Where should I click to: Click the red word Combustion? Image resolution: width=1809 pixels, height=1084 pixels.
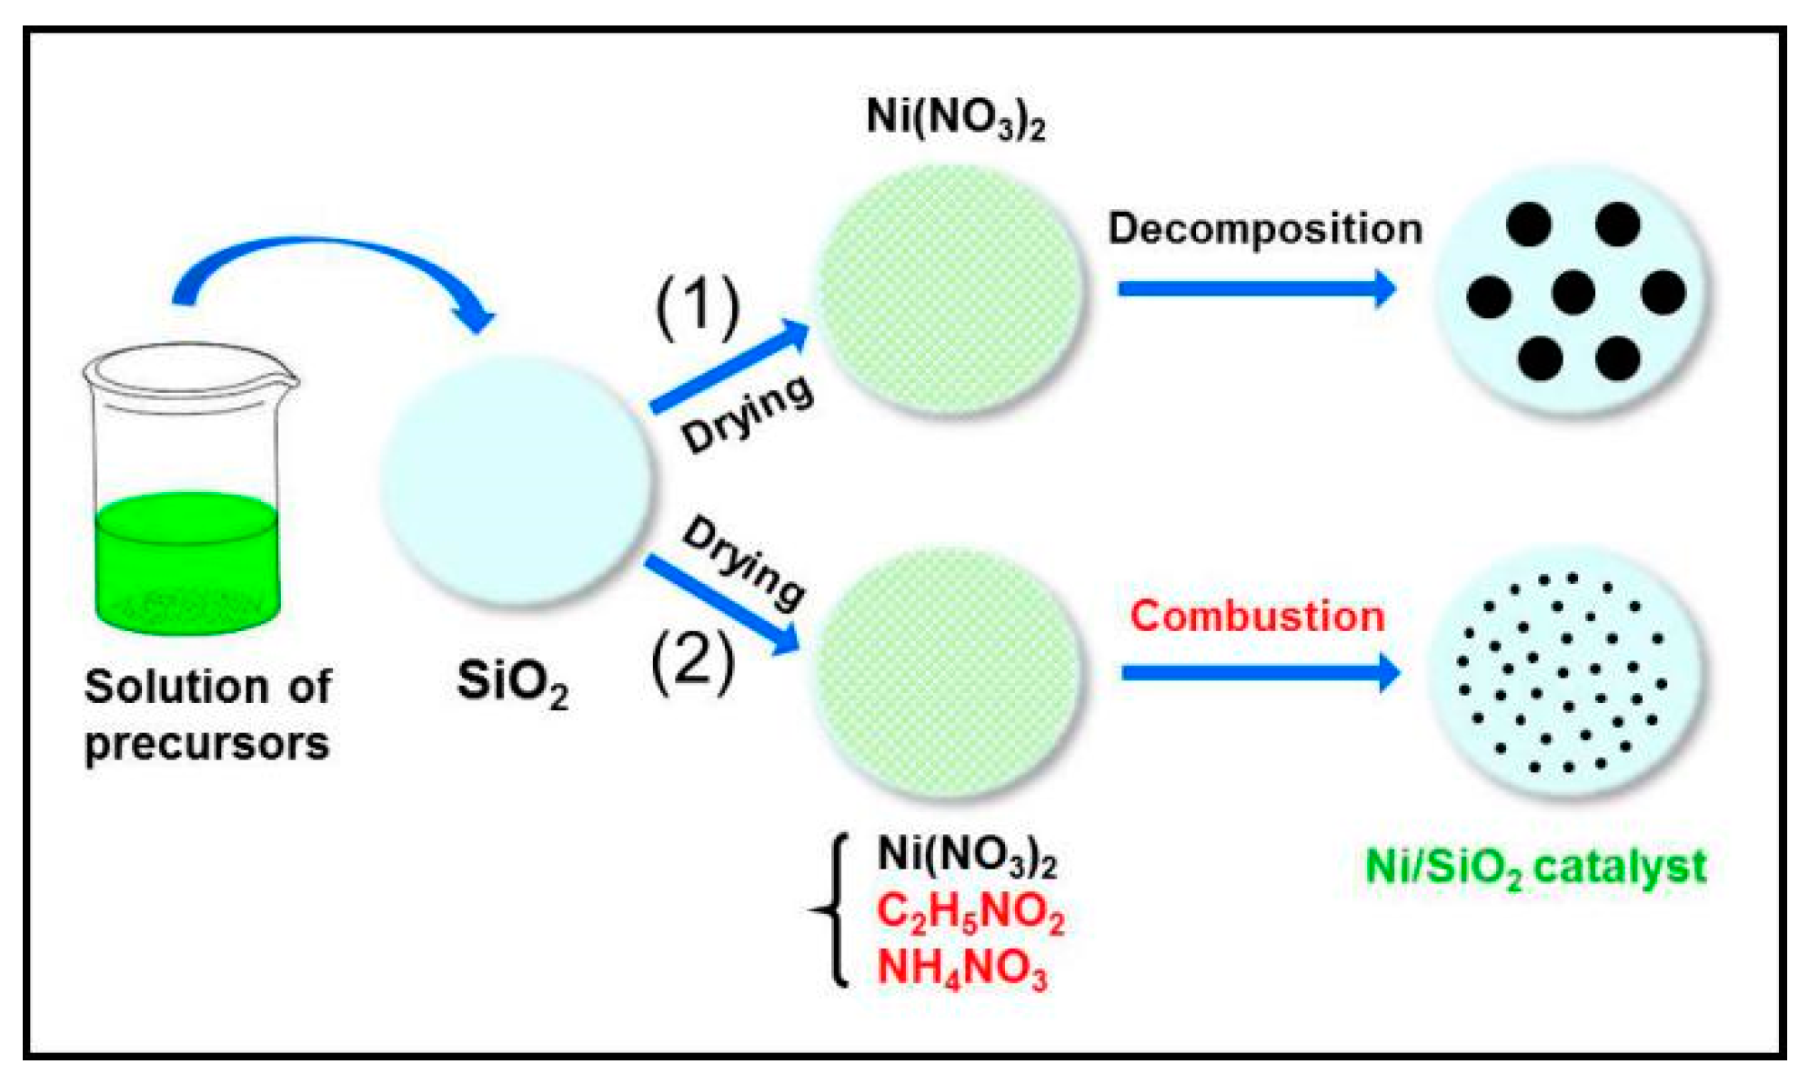click(x=1257, y=617)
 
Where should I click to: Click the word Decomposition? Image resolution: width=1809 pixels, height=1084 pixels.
click(x=1265, y=228)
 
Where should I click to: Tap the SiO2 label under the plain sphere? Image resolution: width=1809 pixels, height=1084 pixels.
click(x=513, y=683)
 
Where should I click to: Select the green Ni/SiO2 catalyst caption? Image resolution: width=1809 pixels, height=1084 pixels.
click(x=1535, y=868)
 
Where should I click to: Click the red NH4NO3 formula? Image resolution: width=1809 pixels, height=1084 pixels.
click(x=961, y=968)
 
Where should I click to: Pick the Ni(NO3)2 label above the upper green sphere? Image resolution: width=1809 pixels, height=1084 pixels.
click(x=955, y=117)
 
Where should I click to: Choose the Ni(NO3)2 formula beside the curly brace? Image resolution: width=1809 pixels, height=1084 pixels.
click(x=966, y=856)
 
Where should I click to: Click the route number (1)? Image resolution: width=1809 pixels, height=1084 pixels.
click(x=698, y=306)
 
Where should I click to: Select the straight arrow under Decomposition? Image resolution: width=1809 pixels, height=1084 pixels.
click(x=1256, y=289)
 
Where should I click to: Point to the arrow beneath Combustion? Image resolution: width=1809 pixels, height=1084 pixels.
click(x=1260, y=673)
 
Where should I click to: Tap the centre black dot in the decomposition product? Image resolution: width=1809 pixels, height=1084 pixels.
click(x=1573, y=293)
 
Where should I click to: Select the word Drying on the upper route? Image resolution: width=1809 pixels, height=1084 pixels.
click(x=747, y=414)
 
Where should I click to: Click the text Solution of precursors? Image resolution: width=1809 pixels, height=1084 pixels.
click(x=207, y=715)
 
